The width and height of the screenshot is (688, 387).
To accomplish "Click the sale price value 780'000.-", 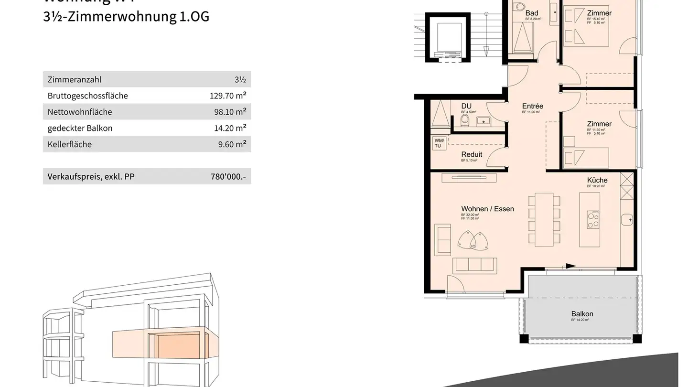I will (x=228, y=177).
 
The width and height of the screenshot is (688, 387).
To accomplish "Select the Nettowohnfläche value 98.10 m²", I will (x=230, y=112).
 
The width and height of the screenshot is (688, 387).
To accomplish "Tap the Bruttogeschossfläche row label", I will (x=87, y=96).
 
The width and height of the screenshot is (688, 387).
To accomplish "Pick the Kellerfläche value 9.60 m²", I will (x=232, y=144).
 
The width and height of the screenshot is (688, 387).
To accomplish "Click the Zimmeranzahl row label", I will (x=74, y=80).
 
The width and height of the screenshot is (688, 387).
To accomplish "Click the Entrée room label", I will (x=532, y=106).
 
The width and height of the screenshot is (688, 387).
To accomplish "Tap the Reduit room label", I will (x=471, y=154).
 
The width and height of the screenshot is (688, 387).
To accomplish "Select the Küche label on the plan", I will (x=597, y=180).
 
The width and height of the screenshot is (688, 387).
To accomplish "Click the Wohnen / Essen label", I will (x=487, y=209).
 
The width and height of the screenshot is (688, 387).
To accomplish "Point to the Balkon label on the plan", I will (x=582, y=314).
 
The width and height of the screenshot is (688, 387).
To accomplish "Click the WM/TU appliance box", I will (x=439, y=143).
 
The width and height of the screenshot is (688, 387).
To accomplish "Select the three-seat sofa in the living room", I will (x=475, y=265).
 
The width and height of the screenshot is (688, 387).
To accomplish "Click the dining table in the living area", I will (x=544, y=219).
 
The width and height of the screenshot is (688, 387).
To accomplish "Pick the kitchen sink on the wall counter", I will (x=627, y=220).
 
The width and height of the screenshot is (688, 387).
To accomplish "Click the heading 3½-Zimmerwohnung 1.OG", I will (x=126, y=16).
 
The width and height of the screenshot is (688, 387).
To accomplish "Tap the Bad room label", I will (x=531, y=13).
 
